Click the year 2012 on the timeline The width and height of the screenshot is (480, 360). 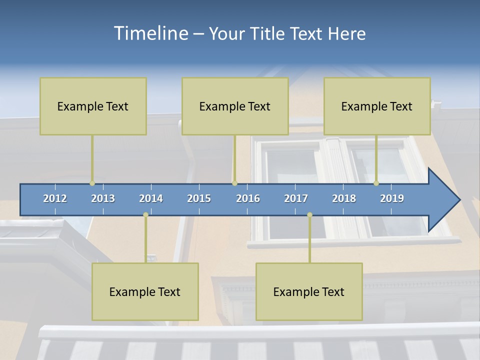pos(55,198)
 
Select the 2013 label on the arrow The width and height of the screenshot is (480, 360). pos(103,198)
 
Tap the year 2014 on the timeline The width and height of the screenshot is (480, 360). pos(151,198)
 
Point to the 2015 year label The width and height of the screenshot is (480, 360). pos(199,198)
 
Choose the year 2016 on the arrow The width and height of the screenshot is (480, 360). pos(248,198)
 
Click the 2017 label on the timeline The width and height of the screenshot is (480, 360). pos(296,198)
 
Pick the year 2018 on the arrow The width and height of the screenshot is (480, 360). pos(344,198)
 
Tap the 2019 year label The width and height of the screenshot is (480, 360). pos(392,198)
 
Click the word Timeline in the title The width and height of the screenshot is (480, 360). pos(150,33)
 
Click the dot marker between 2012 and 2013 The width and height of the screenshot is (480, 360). pos(92,183)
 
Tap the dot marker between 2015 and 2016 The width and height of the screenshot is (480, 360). pos(234,183)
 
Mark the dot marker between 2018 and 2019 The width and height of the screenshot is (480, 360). pos(376,183)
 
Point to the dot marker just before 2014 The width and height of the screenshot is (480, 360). pos(145,215)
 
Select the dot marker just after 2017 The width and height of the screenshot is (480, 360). pos(309,215)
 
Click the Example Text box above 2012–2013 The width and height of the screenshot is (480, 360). pos(93,106)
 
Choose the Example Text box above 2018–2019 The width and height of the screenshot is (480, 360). pos(377,106)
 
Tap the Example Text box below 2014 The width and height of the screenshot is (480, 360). pos(145,291)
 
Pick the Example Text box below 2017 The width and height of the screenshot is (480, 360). pos(309,291)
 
